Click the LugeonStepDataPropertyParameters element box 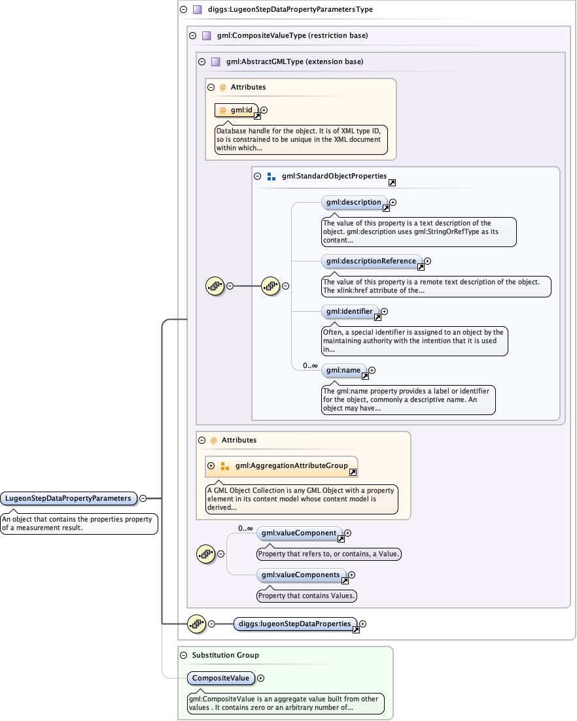click(69, 498)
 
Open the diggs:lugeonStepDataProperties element click(295, 624)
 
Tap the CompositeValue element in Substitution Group click(221, 679)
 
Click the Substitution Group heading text click(225, 655)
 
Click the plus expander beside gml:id click(264, 110)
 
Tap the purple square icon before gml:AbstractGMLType click(215, 62)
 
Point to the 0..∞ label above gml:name click(311, 365)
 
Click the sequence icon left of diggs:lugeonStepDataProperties click(196, 624)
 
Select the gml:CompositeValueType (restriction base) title click(292, 35)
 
